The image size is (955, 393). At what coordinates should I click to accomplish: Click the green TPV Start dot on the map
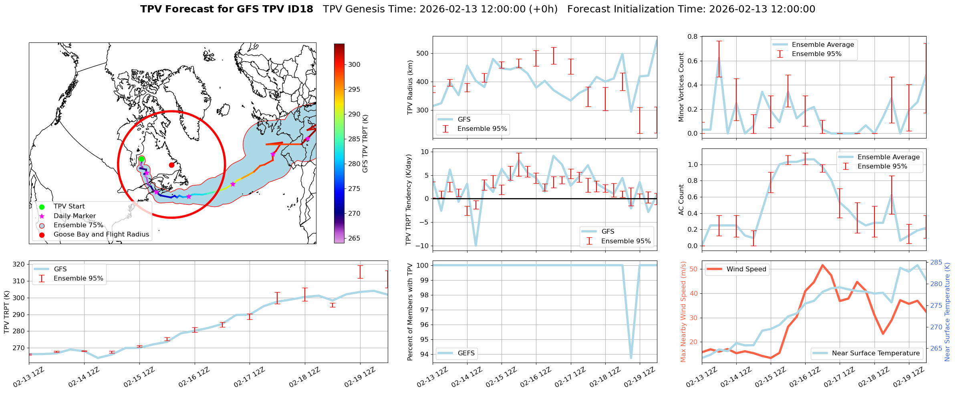pyautogui.click(x=141, y=159)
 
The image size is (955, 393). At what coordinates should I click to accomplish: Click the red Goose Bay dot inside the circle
pyautogui.click(x=171, y=165)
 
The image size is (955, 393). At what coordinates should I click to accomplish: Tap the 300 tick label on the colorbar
pyautogui.click(x=354, y=64)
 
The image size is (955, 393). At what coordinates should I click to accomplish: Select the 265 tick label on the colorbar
pyautogui.click(x=354, y=238)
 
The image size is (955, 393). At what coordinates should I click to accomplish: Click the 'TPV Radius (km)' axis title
pyautogui.click(x=410, y=87)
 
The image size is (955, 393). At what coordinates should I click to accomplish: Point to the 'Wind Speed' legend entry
pyautogui.click(x=746, y=269)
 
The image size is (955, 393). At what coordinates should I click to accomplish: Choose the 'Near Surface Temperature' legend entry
pyautogui.click(x=876, y=353)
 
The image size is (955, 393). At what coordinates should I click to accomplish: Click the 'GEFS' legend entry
pyautogui.click(x=466, y=353)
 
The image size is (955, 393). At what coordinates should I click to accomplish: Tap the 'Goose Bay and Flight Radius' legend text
pyautogui.click(x=101, y=235)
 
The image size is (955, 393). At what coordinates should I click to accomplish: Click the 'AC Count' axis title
pyautogui.click(x=681, y=200)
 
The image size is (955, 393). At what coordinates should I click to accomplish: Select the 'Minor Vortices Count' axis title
pyautogui.click(x=681, y=87)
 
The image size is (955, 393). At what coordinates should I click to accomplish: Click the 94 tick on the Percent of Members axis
pyautogui.click(x=423, y=354)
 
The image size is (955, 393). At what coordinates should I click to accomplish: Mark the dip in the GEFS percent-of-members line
pyautogui.click(x=631, y=358)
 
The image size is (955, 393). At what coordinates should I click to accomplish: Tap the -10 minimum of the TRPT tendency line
pyautogui.click(x=475, y=245)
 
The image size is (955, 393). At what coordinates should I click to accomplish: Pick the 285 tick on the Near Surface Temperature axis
pyautogui.click(x=936, y=263)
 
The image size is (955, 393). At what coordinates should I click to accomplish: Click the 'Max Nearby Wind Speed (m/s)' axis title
pyautogui.click(x=683, y=312)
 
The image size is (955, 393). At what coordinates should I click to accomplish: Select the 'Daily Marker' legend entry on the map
pyautogui.click(x=75, y=216)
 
